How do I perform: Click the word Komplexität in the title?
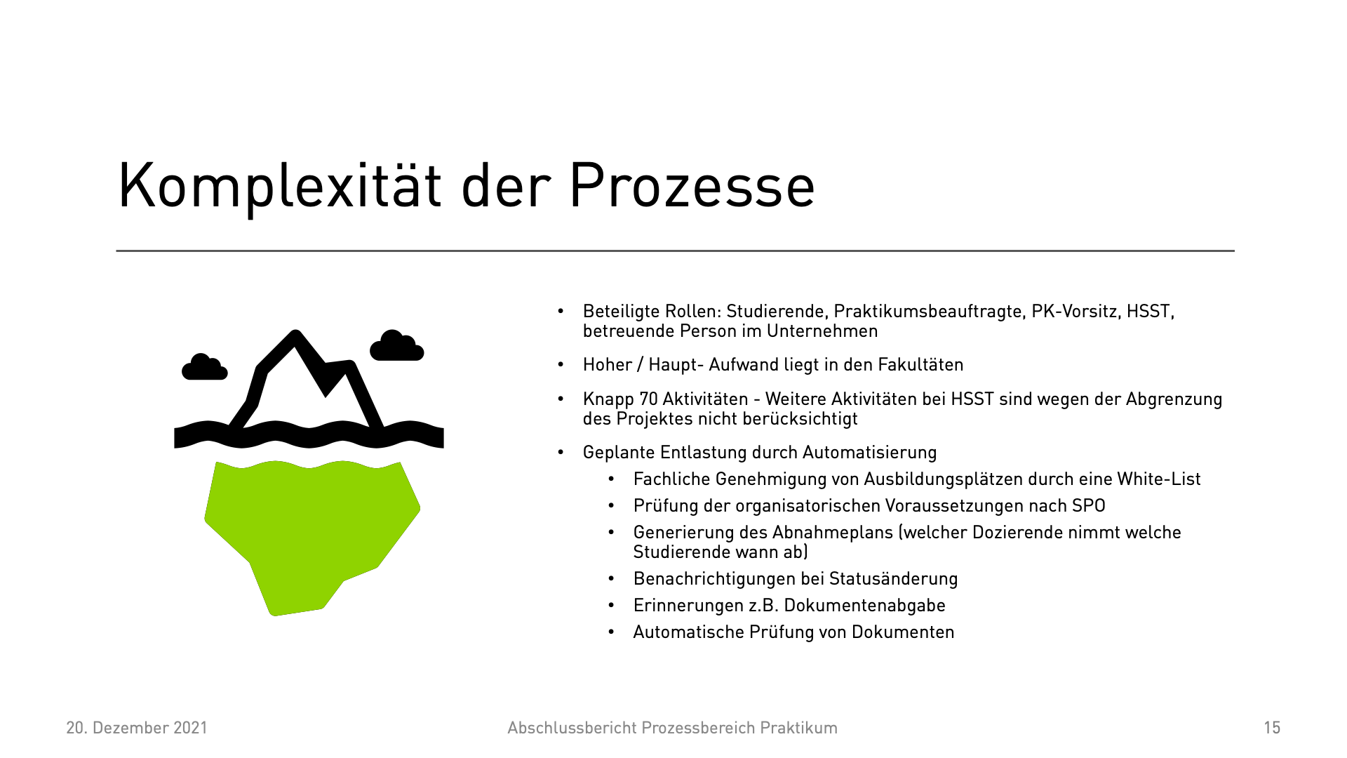pyautogui.click(x=280, y=185)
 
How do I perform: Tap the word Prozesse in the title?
pyautogui.click(x=692, y=185)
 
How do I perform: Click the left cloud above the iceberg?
pyautogui.click(x=204, y=367)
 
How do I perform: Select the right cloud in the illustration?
pyautogui.click(x=397, y=345)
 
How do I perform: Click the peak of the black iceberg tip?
pyautogui.click(x=295, y=332)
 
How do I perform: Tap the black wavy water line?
pyautogui.click(x=309, y=434)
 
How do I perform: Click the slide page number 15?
pyautogui.click(x=1272, y=728)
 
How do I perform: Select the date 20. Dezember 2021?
pyautogui.click(x=137, y=728)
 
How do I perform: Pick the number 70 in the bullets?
pyautogui.click(x=648, y=399)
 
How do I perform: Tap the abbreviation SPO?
pyautogui.click(x=1089, y=506)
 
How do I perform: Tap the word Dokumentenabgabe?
pyautogui.click(x=864, y=606)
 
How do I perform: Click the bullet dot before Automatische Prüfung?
pyautogui.click(x=611, y=632)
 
